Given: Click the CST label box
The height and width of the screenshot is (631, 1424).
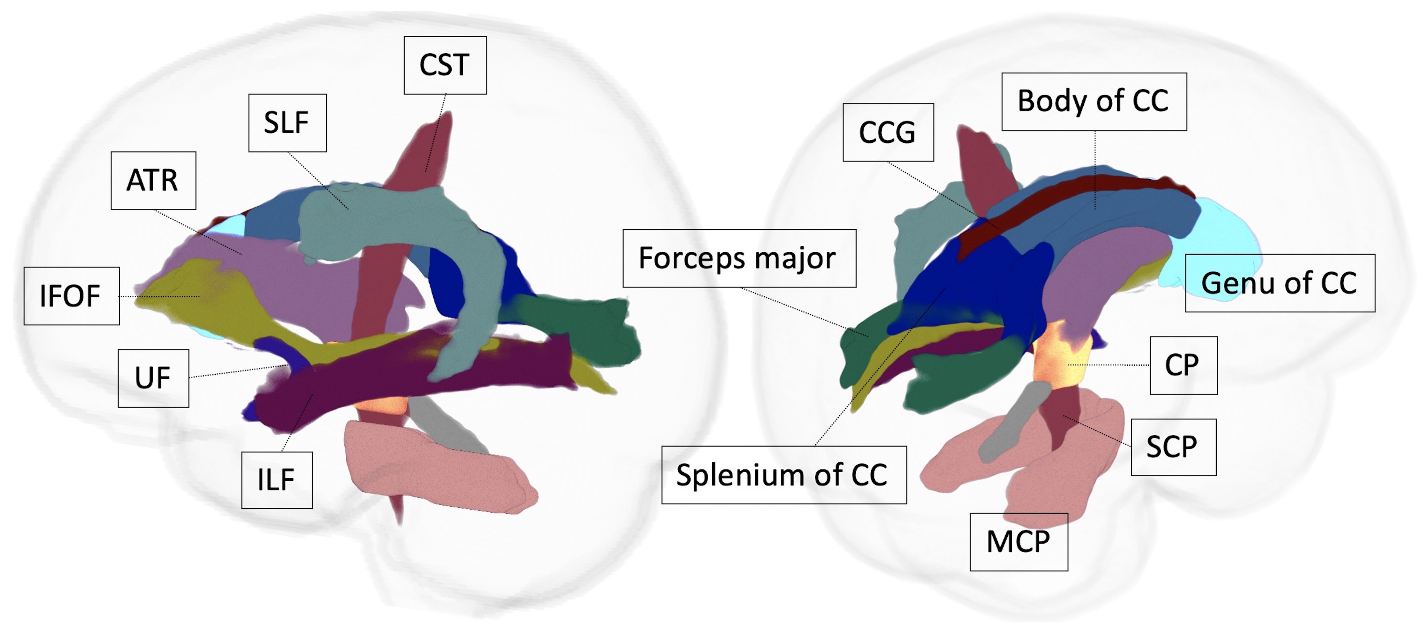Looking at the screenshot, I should coord(445,65).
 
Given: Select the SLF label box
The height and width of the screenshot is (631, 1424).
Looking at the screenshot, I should coord(287,123).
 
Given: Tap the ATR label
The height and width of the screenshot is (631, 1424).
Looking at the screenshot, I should coord(153,180).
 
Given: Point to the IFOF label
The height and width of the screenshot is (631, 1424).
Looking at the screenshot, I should coord(71,296).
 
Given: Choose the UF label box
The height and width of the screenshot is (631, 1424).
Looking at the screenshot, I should coord(153,378).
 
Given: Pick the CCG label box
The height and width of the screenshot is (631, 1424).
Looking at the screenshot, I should coord(888,132).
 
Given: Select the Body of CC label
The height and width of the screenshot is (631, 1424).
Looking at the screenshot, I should coord(1093,101).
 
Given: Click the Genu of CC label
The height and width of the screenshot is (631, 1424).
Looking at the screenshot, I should coord(1279,283).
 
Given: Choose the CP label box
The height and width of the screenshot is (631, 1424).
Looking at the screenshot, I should coord(1183,365).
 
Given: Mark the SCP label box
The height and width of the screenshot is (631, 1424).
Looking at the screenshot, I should coord(1173,447).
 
